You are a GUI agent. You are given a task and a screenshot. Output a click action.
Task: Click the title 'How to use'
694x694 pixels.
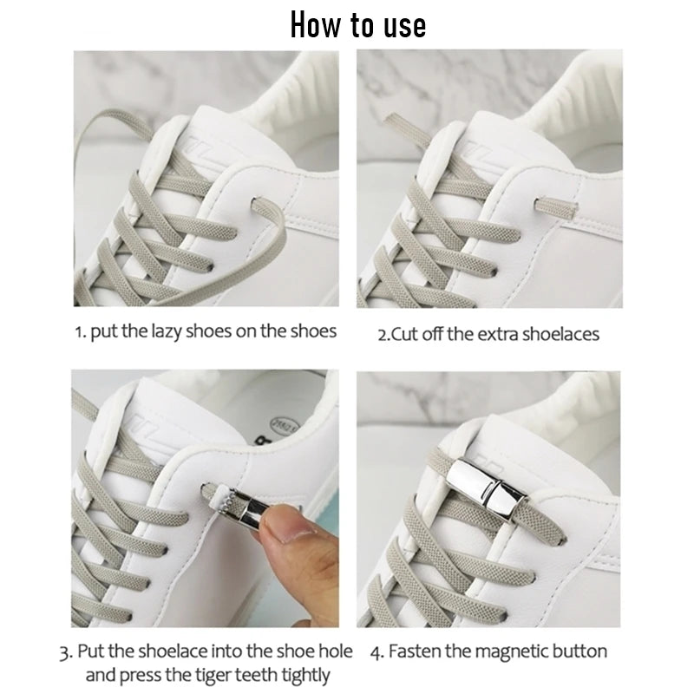click(x=358, y=25)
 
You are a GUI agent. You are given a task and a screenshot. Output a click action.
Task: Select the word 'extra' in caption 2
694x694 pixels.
click(x=493, y=334)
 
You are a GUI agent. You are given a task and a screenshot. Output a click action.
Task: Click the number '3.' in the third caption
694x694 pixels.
click(x=66, y=652)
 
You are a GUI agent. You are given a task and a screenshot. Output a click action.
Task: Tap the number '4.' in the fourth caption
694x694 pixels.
click(x=377, y=652)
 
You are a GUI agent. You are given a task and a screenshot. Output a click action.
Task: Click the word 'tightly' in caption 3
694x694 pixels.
click(x=306, y=676)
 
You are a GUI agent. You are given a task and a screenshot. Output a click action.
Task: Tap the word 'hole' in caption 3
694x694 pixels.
click(x=336, y=651)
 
